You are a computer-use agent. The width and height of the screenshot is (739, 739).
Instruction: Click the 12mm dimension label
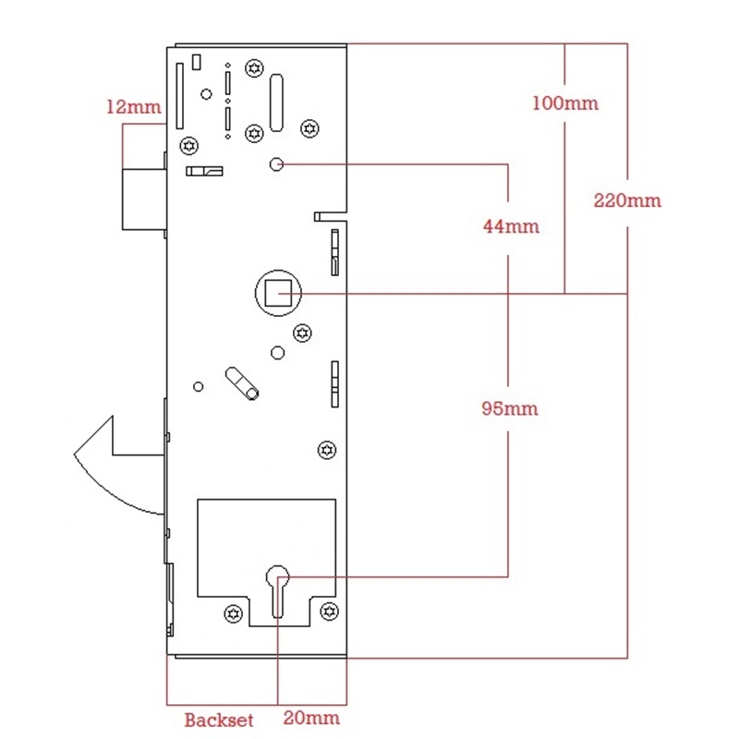(x=134, y=107)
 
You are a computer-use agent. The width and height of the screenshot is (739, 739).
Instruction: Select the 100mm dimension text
(x=565, y=103)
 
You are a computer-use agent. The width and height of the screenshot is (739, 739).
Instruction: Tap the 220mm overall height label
(x=627, y=200)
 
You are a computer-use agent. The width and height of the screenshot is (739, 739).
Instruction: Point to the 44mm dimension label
(x=512, y=226)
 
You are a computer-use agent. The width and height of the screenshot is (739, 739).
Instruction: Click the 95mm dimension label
(x=510, y=408)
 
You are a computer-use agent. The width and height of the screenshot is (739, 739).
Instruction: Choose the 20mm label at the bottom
(x=311, y=718)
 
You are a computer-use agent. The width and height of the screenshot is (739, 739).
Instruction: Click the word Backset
(x=219, y=720)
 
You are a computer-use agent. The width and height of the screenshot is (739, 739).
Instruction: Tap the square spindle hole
(x=278, y=293)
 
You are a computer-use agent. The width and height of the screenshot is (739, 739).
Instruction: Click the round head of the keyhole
(x=278, y=575)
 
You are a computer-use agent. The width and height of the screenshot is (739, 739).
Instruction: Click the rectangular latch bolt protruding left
(x=144, y=200)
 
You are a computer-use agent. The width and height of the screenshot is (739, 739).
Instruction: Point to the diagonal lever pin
(x=242, y=383)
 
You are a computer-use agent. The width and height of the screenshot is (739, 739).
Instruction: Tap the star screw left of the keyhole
(x=234, y=613)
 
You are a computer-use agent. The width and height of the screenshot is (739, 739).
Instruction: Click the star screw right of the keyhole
(x=329, y=612)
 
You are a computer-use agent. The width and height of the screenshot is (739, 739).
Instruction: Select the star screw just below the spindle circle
(x=303, y=333)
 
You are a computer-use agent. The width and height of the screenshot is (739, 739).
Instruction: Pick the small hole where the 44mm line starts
(x=276, y=164)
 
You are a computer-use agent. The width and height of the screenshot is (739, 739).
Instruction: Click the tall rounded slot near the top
(x=276, y=103)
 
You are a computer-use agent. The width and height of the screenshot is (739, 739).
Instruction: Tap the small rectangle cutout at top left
(x=197, y=62)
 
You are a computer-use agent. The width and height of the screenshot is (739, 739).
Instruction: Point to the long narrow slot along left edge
(x=179, y=96)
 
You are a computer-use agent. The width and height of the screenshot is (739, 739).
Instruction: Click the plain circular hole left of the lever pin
(x=199, y=386)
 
